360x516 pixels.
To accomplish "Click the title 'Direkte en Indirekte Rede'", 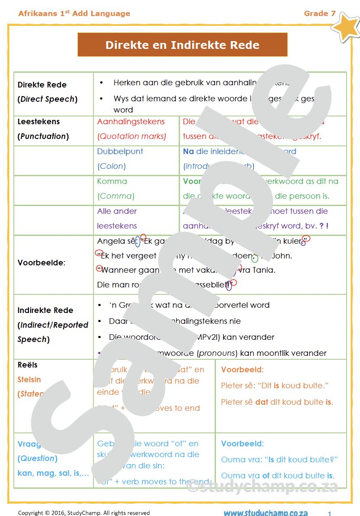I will coord(182,45).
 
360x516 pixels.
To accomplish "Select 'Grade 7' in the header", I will coord(319,13).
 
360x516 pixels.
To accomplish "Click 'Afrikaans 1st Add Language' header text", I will coord(74,13).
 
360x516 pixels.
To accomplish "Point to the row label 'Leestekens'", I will coord(39,122).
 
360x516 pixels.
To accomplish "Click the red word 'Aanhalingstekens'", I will coord(131,122).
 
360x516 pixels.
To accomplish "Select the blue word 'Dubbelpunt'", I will coord(120,152).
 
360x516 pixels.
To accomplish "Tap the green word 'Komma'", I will coord(112,181).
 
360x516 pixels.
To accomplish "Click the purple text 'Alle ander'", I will coord(117,211).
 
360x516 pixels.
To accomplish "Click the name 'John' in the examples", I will coord(282,256).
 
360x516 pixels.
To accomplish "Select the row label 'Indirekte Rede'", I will coord(45,310).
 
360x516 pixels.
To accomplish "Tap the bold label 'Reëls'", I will coord(28,365).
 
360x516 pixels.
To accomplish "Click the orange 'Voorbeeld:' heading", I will coord(242,370).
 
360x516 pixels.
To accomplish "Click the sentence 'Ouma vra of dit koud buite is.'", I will coord(277,476).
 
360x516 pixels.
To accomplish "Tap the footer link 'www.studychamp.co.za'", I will coord(266,513).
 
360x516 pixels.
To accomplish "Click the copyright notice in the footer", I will coord(84,513).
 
